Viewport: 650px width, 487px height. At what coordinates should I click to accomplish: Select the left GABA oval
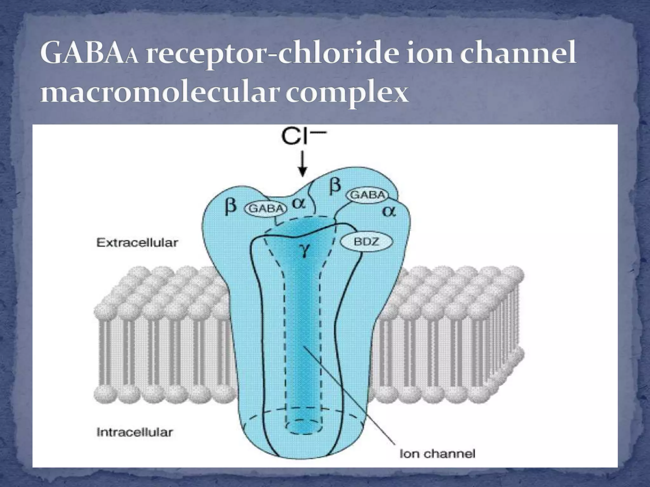(265, 208)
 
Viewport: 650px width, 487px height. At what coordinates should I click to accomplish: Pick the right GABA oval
(368, 195)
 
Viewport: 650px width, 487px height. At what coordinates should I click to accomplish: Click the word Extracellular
(137, 243)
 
